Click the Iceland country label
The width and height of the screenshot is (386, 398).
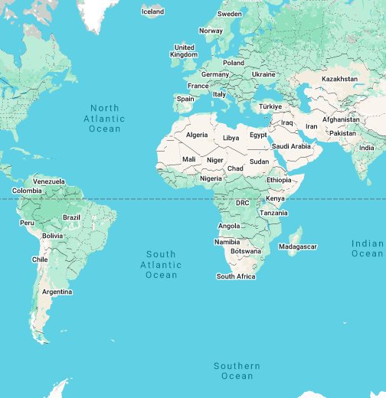[152, 11]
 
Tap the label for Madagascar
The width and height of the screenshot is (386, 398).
[297, 246]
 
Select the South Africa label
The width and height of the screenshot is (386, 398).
[236, 276]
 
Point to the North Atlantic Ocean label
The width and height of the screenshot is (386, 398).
[105, 119]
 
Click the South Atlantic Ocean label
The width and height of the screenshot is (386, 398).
[161, 264]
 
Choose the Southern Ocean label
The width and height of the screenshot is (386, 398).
[237, 371]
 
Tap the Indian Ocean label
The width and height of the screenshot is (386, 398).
[368, 248]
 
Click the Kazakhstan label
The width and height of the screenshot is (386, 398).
[339, 79]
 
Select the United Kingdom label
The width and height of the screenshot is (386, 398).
[184, 51]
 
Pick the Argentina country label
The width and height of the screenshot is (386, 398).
[57, 292]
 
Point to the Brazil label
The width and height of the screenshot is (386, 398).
[71, 217]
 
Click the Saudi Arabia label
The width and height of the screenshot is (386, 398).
[291, 146]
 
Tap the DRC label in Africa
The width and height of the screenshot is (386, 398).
[242, 203]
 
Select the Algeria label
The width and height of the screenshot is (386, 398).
[197, 135]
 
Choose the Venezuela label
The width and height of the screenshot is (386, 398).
[49, 181]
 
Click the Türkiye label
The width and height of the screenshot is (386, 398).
[270, 106]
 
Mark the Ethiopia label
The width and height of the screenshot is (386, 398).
[279, 180]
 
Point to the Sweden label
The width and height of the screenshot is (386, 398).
[230, 14]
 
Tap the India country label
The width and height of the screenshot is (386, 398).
[368, 148]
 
